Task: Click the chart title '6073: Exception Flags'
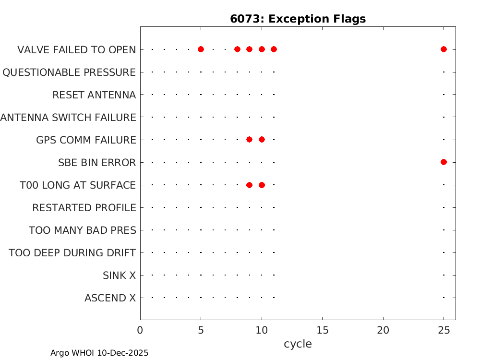point(298,19)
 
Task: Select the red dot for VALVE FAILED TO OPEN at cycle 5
point(201,49)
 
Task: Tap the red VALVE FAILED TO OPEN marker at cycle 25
point(444,49)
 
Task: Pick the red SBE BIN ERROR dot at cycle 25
point(444,162)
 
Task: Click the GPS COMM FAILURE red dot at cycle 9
point(249,140)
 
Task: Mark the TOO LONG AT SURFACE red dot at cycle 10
point(262,185)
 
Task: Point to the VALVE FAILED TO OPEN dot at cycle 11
point(274,49)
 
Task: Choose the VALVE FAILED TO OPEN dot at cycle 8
point(237,49)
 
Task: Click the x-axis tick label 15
point(323,330)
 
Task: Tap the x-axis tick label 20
point(383,330)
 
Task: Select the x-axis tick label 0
point(140,330)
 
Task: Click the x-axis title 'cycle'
point(298,344)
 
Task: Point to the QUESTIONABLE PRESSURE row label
point(69,72)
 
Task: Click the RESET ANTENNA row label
point(94,95)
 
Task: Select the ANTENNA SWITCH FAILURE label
point(68,117)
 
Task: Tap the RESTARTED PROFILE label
point(84,208)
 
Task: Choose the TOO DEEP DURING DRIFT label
point(72,252)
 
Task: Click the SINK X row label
point(119,276)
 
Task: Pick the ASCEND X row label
point(110,298)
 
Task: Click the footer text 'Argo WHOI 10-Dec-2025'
point(99,353)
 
